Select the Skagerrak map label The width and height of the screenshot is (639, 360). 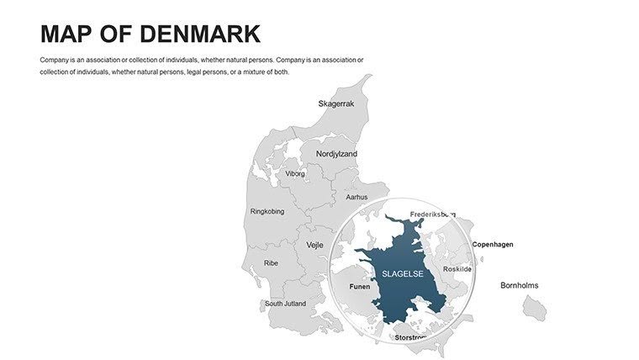coord(336,103)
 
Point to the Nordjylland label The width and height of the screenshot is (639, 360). coord(336,154)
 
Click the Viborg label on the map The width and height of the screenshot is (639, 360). coord(295,174)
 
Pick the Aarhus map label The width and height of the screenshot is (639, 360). coord(356,197)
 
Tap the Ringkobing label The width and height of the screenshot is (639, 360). coord(267,211)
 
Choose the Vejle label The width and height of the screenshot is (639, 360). coord(314,245)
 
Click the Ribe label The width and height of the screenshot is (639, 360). coord(271,263)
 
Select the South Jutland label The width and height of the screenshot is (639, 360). coord(285,304)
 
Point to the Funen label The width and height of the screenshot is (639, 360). coord(359,286)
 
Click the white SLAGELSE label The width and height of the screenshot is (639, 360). coord(402,273)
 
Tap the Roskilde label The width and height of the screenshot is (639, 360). coord(457,269)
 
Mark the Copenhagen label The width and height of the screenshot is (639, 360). coord(492,245)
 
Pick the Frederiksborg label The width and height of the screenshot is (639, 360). coord(432,214)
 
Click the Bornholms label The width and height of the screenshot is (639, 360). coord(519,285)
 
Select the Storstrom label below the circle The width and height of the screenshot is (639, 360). coord(411,337)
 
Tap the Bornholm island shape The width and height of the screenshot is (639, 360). coord(534,309)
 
